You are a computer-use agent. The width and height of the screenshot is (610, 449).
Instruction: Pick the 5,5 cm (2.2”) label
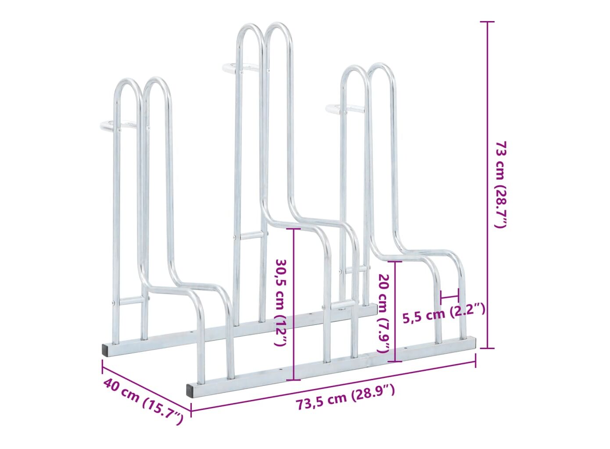(x=444, y=314)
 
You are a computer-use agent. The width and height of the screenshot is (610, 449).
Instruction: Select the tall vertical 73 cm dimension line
(x=488, y=185)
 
